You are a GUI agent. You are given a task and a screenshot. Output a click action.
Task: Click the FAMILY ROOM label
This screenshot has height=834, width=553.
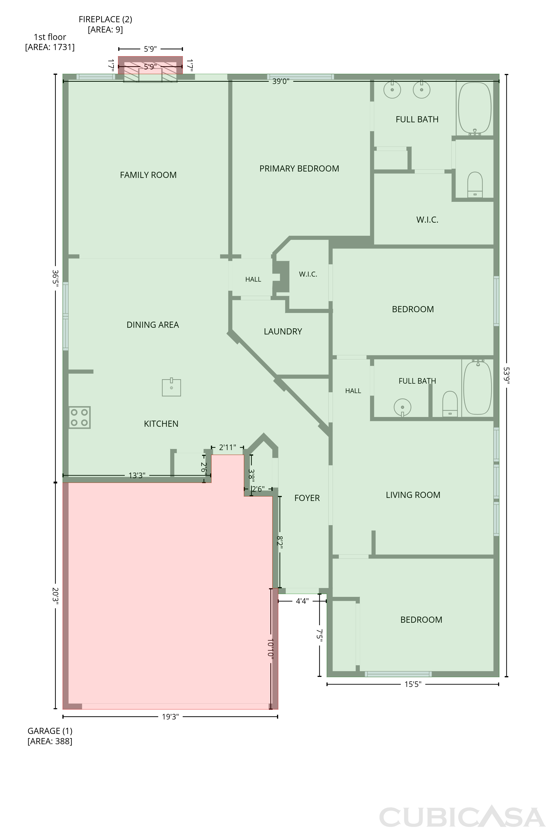148,175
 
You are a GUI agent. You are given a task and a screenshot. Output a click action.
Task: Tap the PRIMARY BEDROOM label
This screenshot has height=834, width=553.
299,169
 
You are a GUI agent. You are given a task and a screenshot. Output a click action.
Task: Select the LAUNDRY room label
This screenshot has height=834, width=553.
283,332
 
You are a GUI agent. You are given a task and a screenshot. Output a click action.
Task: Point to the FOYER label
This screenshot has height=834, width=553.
307,498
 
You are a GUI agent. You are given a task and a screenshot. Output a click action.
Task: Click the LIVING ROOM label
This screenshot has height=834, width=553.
413,495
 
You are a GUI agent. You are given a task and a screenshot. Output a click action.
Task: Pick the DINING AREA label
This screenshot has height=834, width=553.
153,325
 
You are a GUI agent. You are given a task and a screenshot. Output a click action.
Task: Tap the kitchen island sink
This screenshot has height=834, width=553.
171,387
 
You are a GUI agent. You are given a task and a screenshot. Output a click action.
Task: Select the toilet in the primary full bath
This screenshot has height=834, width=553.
475,185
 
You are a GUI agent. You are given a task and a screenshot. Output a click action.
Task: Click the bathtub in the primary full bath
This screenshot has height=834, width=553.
475,109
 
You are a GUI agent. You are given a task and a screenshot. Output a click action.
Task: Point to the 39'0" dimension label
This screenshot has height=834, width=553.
281,81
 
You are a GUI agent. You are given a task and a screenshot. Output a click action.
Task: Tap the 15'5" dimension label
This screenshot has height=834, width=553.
413,684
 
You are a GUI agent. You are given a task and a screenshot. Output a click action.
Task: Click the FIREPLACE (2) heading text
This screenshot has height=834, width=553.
105,19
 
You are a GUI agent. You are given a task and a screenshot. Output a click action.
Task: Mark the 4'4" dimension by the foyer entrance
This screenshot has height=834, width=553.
302,601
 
